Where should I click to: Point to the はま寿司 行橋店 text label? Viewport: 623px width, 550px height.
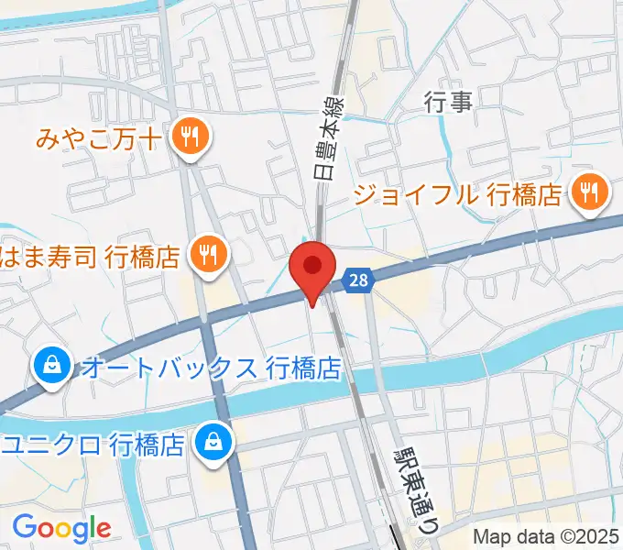(90, 257)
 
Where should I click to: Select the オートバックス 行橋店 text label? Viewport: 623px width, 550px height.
(211, 368)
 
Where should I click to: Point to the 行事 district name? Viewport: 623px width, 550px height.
(449, 102)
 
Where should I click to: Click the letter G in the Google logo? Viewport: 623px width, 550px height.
(26, 527)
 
